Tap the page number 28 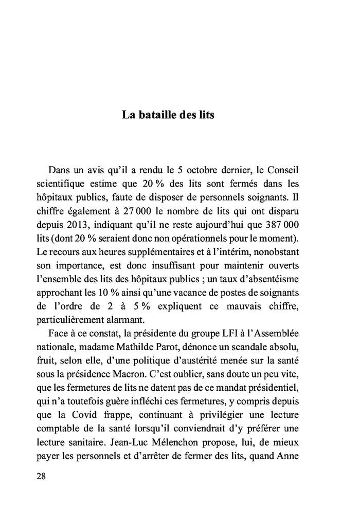(42, 476)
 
